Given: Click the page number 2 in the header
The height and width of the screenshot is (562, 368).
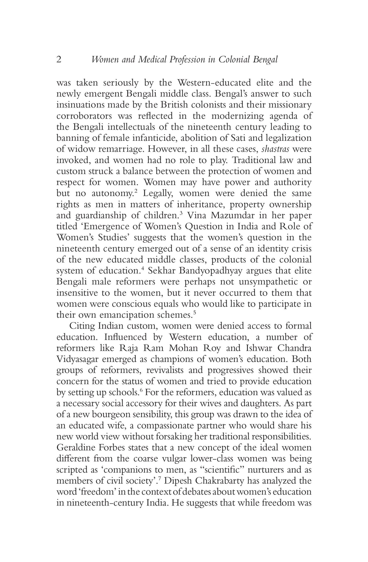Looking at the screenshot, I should click(59, 59).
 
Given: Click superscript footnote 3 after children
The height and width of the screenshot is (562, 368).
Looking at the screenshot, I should click(181, 213).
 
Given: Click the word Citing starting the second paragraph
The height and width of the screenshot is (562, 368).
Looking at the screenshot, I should click(82, 326).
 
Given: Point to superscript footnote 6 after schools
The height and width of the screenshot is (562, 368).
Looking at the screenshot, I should click(141, 390).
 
